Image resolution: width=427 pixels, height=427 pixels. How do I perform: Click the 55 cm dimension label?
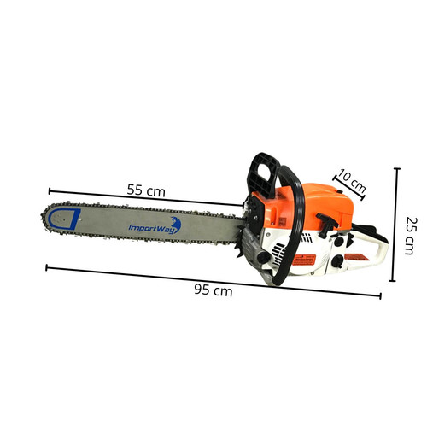(x=146, y=190)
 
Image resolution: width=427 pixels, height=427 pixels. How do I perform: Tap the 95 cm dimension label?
(x=213, y=290)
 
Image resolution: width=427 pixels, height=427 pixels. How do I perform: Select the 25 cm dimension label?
(x=412, y=236)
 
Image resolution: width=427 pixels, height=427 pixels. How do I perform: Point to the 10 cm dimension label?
(x=352, y=180)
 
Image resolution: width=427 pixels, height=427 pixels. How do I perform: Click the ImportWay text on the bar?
(x=151, y=228)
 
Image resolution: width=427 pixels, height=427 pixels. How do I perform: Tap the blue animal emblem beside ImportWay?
(x=176, y=225)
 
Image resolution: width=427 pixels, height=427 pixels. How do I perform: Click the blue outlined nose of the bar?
(x=64, y=219)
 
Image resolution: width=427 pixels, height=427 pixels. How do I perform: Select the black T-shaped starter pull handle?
(x=326, y=224)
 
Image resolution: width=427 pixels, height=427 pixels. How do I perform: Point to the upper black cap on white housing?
(x=339, y=241)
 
